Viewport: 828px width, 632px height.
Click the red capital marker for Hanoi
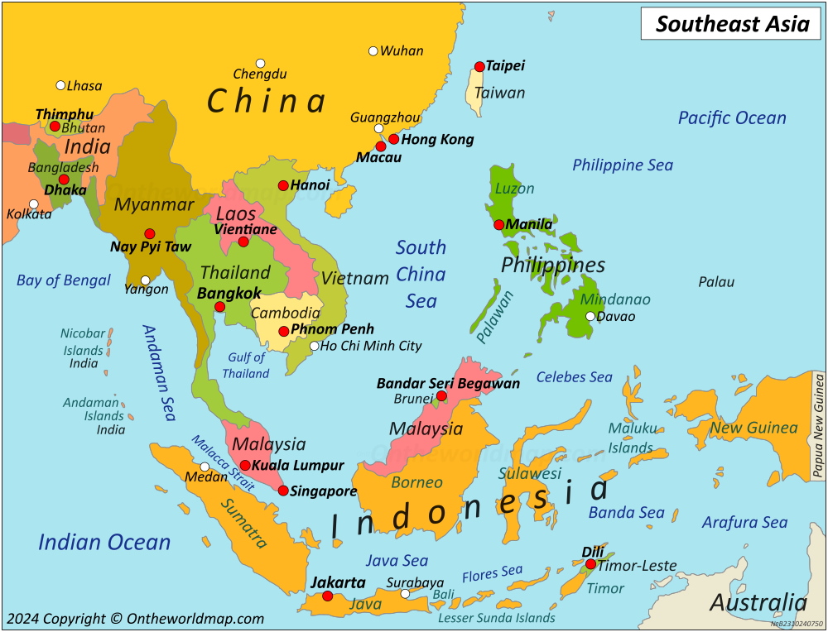283,185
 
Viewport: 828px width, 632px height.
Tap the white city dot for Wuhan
373,51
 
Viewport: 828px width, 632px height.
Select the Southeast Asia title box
732,24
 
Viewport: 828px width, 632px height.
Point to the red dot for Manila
499,224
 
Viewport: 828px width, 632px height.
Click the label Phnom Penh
332,329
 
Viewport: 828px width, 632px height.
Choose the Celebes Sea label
574,377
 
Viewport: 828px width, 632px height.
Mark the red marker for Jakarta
327,596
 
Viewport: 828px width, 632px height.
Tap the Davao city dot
590,316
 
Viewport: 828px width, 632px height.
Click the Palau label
716,282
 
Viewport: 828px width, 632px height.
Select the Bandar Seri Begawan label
448,383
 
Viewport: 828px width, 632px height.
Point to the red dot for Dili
590,564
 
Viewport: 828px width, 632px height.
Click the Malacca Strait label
223,464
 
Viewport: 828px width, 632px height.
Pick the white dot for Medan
205,467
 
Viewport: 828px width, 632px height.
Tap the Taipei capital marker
479,66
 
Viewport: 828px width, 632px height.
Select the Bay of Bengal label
64,280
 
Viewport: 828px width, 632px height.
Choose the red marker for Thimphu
55,127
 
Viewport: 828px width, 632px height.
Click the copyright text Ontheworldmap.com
135,618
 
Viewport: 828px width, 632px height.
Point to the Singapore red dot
283,491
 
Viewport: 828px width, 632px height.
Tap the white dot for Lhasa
60,85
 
